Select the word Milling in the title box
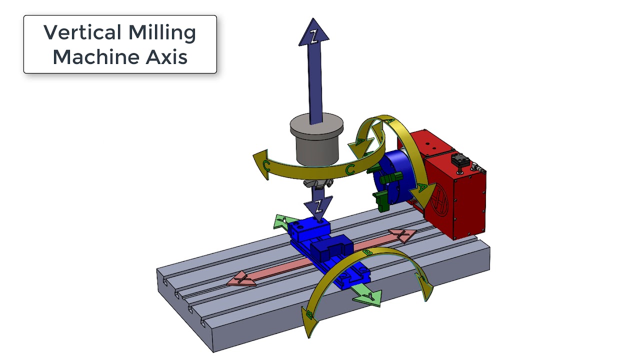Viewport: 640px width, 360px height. point(162,33)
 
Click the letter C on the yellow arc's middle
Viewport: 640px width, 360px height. point(350,170)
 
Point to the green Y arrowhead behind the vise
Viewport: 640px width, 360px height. point(282,221)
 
